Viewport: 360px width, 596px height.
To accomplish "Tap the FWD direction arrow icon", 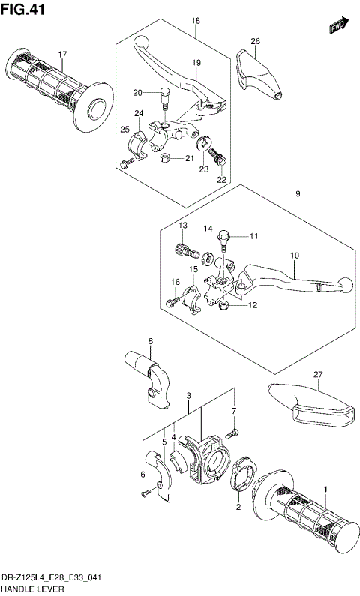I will [339, 27].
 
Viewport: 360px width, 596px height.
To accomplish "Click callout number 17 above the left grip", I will [63, 55].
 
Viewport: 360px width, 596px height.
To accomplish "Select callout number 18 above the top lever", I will [195, 21].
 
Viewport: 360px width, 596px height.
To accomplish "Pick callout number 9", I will [298, 194].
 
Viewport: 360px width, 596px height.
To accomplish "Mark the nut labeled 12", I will [223, 306].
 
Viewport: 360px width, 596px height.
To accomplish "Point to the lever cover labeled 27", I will [307, 404].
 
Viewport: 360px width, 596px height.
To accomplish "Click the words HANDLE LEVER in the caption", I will [31, 589].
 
